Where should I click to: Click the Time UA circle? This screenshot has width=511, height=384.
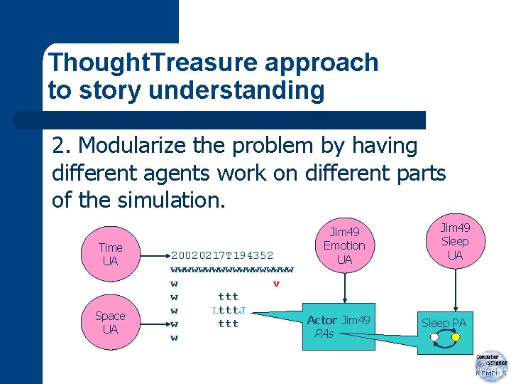pyautogui.click(x=110, y=254)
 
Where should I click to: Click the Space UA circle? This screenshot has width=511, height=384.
pyautogui.click(x=110, y=322)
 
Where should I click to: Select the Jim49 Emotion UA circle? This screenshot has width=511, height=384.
pyautogui.click(x=344, y=246)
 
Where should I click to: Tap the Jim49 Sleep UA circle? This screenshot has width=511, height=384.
pyautogui.click(x=455, y=241)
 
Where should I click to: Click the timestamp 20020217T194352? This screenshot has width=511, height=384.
pyautogui.click(x=222, y=255)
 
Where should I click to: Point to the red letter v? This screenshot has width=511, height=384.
pyautogui.click(x=276, y=284)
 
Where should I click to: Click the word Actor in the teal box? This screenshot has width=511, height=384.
pyautogui.click(x=322, y=321)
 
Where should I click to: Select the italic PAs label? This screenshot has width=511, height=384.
pyautogui.click(x=324, y=334)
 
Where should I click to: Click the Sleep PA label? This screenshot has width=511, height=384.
pyautogui.click(x=444, y=324)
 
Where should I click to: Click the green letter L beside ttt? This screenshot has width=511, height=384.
pyautogui.click(x=214, y=310)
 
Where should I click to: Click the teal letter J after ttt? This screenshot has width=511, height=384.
pyautogui.click(x=243, y=310)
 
